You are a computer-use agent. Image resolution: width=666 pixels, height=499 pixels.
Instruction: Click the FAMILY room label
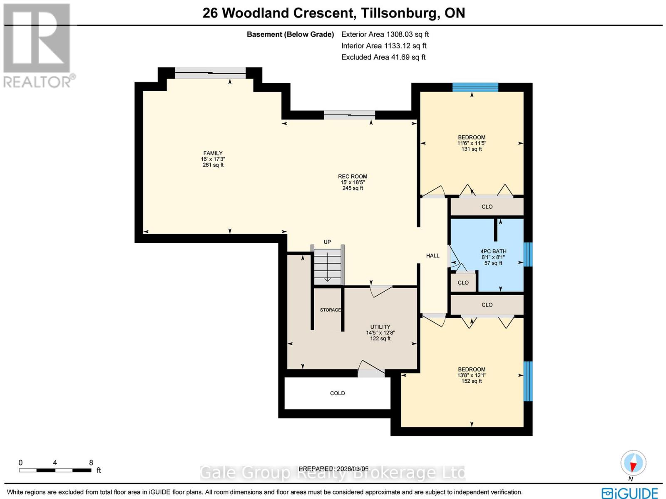click(x=213, y=159)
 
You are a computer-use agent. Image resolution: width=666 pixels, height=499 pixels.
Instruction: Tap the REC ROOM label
click(x=352, y=182)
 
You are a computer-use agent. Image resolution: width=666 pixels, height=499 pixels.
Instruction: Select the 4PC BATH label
click(x=493, y=257)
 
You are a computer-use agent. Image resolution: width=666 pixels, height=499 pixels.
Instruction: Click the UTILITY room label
click(x=380, y=332)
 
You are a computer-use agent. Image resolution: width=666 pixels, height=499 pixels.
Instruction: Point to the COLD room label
click(x=337, y=393)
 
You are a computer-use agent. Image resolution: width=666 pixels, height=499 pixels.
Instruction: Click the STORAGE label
click(x=330, y=310)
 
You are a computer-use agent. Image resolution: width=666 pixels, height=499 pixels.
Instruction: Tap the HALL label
click(x=432, y=255)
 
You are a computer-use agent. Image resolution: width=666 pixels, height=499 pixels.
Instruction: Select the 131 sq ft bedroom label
click(x=472, y=143)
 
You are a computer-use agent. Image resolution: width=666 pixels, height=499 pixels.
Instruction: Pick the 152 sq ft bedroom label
click(x=472, y=375)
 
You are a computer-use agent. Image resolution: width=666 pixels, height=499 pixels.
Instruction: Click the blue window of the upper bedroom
click(x=475, y=87)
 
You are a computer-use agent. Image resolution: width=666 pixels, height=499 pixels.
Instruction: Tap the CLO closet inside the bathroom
click(x=463, y=282)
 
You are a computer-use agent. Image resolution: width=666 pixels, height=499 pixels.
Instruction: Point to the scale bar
click(x=55, y=470)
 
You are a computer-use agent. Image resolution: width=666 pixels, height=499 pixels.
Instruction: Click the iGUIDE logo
click(x=630, y=493)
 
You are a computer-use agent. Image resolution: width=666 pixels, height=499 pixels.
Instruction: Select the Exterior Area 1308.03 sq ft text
click(x=385, y=34)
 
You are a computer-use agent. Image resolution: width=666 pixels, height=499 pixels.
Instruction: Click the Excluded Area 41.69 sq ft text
click(x=383, y=57)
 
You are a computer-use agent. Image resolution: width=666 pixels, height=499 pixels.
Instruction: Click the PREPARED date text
click(x=333, y=469)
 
